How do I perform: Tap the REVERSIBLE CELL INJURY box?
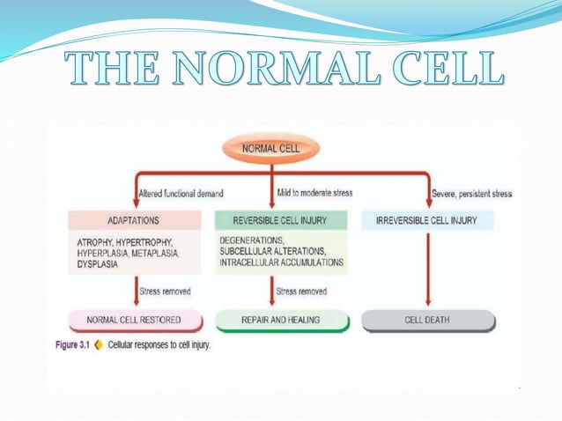(282, 220)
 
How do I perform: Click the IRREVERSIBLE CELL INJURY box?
(426, 220)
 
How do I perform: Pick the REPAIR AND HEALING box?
(281, 321)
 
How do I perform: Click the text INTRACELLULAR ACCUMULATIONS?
(280, 262)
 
